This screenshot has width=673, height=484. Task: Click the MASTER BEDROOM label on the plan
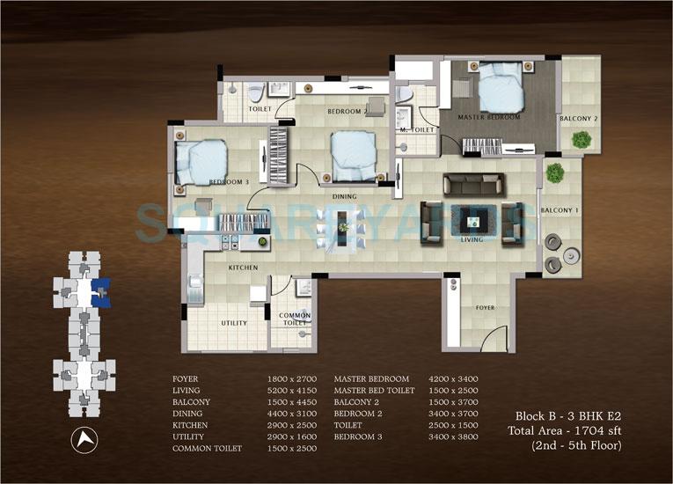(x=489, y=117)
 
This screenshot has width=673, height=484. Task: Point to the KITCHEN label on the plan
(x=242, y=267)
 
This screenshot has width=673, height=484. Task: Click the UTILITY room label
(x=233, y=323)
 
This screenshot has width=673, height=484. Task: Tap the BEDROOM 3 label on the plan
(x=229, y=182)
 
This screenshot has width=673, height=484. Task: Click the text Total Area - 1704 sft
(x=564, y=430)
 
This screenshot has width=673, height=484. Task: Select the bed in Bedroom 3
(x=202, y=160)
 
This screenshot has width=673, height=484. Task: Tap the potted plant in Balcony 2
(x=581, y=139)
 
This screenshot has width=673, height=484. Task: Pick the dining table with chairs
(x=341, y=232)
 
